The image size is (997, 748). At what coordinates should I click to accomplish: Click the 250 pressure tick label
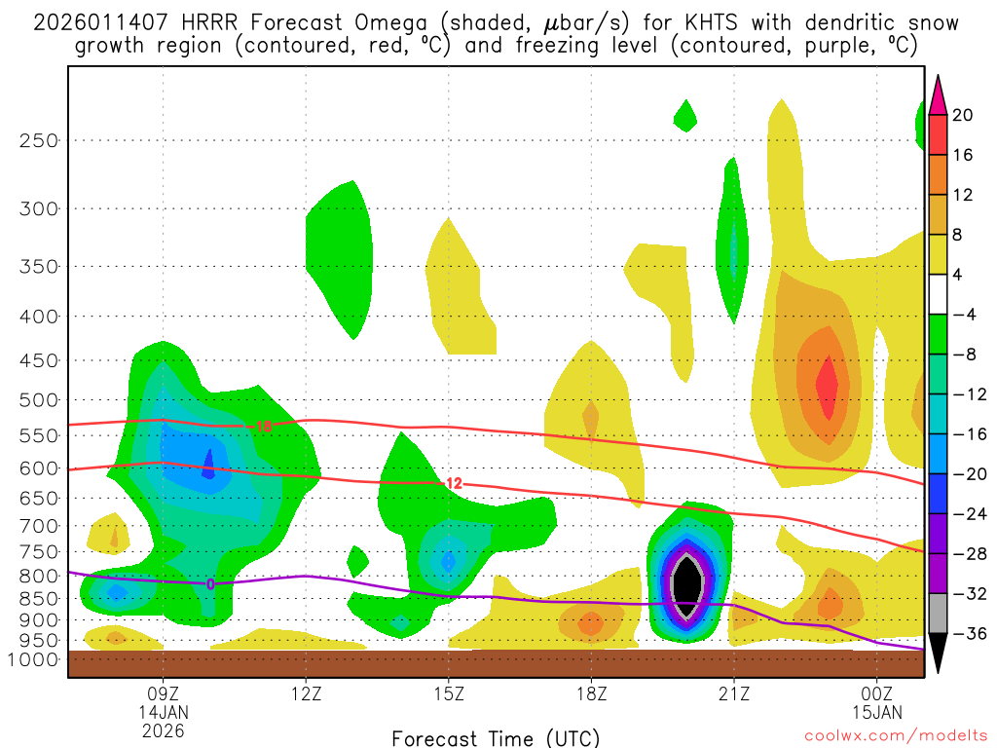coord(38,140)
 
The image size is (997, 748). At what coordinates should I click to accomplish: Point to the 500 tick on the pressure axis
coord(38,400)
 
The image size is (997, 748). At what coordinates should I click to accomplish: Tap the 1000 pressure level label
coord(34,659)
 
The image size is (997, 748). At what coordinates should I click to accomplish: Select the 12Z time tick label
coord(306,695)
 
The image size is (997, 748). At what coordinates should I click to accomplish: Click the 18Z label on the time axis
coord(591,695)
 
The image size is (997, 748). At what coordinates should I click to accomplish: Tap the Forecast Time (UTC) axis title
coord(496,737)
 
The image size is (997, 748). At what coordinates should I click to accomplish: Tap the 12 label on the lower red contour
coord(453,483)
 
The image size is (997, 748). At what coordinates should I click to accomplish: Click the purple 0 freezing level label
coord(210,584)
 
